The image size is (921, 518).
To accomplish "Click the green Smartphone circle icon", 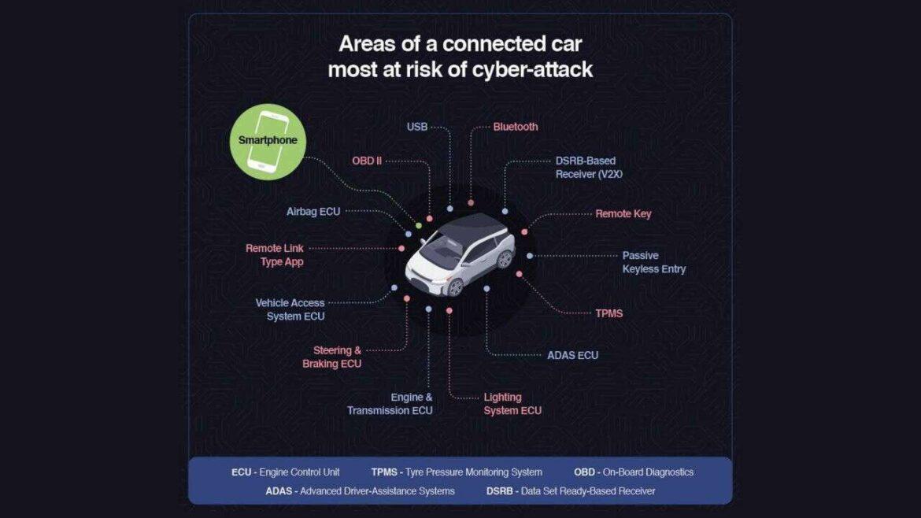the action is [x=268, y=142].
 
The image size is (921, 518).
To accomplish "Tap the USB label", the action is [x=417, y=127].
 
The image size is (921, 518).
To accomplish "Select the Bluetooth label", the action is [x=515, y=127].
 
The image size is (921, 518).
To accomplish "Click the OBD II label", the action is [x=367, y=161].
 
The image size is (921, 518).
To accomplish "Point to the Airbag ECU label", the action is [x=313, y=212].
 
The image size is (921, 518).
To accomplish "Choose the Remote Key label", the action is [x=623, y=214].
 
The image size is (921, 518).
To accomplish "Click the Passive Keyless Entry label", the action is [x=653, y=262].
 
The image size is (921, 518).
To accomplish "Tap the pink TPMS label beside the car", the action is [x=608, y=313].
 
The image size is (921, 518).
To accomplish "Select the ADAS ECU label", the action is [x=573, y=355].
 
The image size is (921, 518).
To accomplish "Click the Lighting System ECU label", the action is [x=512, y=404].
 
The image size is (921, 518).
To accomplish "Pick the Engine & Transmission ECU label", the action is [x=390, y=404].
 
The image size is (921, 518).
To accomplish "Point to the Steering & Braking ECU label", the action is [x=332, y=357].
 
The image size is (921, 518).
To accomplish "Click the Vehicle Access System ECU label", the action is [x=290, y=309].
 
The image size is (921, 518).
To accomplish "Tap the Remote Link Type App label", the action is [x=274, y=255].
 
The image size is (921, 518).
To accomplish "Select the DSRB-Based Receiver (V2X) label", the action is [x=589, y=168].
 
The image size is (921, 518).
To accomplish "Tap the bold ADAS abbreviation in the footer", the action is [x=279, y=491].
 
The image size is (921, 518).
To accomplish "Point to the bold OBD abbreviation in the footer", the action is [x=584, y=472].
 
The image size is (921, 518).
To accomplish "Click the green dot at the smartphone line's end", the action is [x=419, y=225].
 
